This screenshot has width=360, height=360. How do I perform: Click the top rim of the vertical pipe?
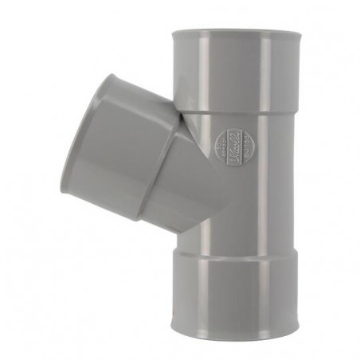pos(237,32)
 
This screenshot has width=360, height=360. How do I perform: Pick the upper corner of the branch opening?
pos(107,76)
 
